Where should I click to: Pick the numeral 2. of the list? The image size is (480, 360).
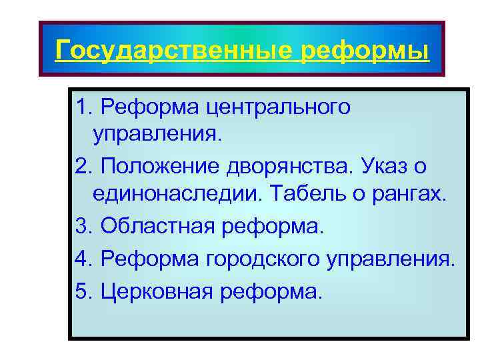[84, 165]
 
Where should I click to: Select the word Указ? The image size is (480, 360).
[383, 165]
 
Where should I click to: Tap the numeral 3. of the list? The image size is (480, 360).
[84, 225]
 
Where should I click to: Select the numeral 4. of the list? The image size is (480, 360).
[84, 257]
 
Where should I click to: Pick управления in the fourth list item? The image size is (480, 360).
[389, 257]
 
